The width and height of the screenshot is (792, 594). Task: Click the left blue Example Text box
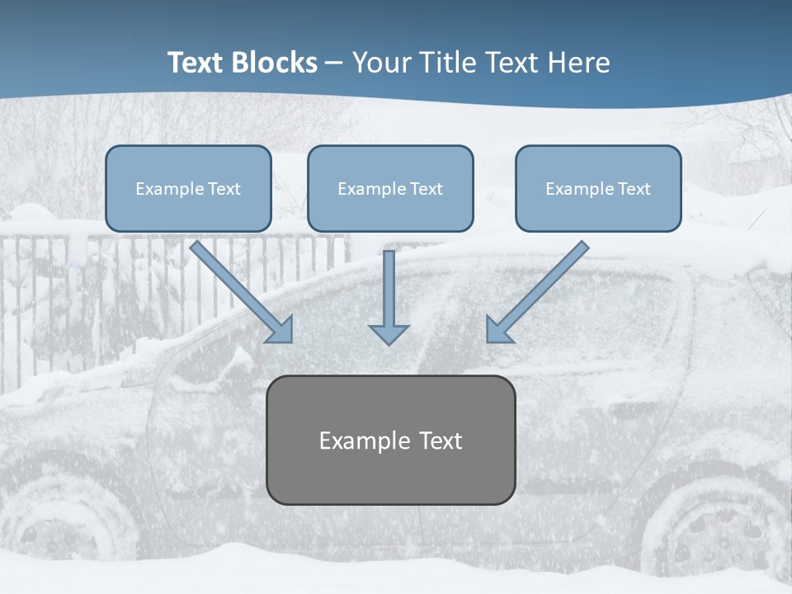pos(188,188)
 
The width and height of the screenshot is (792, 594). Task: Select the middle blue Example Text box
pos(390,188)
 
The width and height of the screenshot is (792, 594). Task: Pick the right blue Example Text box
pos(598,188)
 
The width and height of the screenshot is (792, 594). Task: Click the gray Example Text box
pos(390,440)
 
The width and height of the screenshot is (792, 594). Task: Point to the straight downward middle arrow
pos(389,289)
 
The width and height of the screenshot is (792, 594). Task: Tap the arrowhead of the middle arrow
pos(389,333)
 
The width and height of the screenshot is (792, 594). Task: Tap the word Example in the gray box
pos(354,441)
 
